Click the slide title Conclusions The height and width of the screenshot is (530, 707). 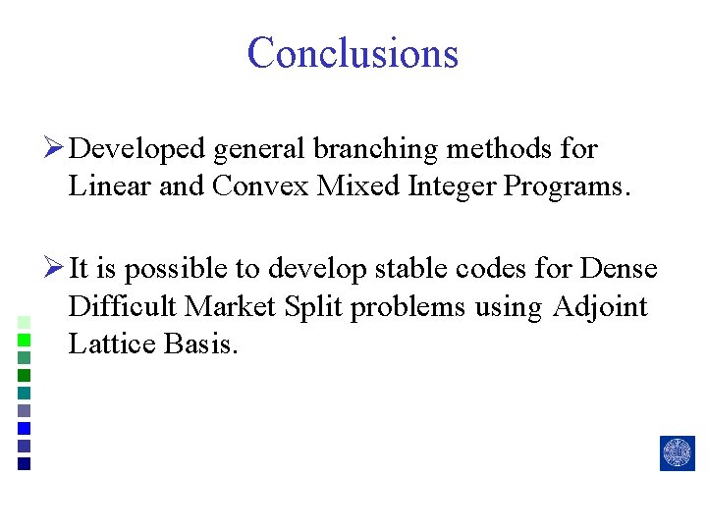tap(353, 53)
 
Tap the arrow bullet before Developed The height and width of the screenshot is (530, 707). tap(56, 149)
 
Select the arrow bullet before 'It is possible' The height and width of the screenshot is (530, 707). tap(56, 269)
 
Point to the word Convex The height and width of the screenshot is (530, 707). tap(259, 185)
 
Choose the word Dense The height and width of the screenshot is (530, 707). tap(620, 269)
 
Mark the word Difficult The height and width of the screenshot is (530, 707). tap(123, 306)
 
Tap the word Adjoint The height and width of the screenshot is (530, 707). tap(600, 306)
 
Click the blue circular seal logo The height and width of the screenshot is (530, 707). tap(678, 453)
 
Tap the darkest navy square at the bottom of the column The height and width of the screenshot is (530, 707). tap(25, 464)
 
